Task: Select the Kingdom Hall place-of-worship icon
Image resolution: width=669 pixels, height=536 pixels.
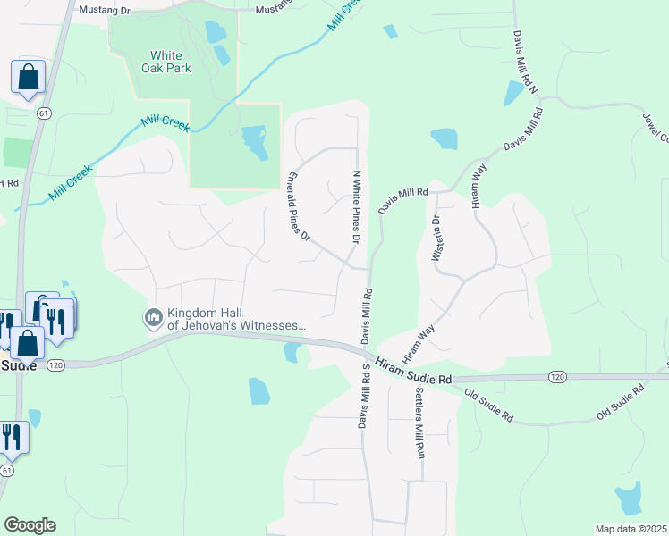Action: [153, 317]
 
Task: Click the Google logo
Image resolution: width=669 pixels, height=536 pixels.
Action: [30, 525]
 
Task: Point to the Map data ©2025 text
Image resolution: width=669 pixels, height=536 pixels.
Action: [631, 529]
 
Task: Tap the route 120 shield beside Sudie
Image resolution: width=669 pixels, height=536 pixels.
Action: [55, 365]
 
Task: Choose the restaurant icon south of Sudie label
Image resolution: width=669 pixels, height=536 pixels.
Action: [12, 437]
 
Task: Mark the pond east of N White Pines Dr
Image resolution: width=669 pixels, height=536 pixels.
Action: [444, 138]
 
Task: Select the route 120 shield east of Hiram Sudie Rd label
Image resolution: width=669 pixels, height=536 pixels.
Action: [556, 378]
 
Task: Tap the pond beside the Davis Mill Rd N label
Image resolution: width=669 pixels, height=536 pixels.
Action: [515, 93]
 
